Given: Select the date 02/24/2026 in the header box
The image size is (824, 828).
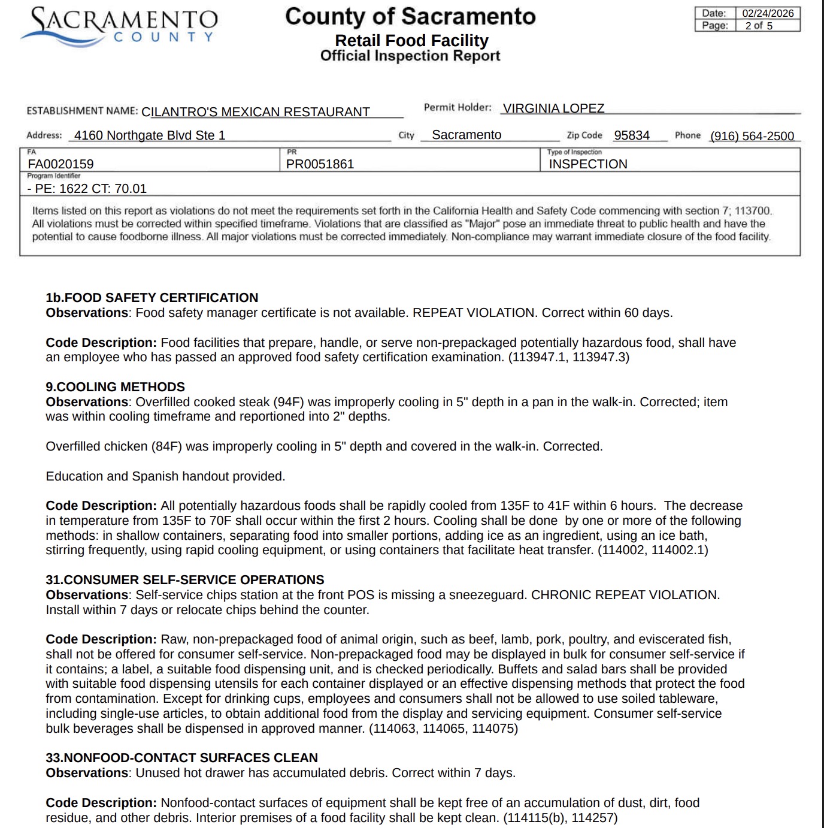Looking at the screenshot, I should tap(768, 13).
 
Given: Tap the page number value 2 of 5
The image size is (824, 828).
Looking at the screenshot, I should tap(759, 26).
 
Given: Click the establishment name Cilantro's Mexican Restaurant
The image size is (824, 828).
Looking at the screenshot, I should tap(256, 112).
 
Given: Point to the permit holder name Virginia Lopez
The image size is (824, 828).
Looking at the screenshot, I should tap(553, 108).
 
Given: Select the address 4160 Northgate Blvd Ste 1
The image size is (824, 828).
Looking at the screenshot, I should tap(150, 135).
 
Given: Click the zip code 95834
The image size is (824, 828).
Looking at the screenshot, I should tap(632, 135).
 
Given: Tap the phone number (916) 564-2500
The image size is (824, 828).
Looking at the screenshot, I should tap(752, 136).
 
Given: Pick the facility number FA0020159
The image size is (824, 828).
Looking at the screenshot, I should tap(60, 164).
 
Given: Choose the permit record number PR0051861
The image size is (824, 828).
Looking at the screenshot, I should tap(320, 164).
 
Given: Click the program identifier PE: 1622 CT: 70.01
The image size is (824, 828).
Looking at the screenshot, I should tap(87, 189).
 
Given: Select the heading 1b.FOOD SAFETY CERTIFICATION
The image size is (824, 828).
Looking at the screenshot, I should tap(152, 298).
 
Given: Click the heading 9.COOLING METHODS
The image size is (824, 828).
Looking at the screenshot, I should tap(116, 387).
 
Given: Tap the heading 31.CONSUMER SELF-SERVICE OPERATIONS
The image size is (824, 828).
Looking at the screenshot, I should tap(185, 580).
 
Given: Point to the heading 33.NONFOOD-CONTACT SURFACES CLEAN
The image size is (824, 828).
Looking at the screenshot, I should tap(182, 758).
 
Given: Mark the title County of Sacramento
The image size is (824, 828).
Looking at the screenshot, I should tap(410, 17).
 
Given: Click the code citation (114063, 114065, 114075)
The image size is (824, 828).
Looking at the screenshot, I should tap(443, 729).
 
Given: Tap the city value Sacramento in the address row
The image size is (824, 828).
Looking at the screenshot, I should tap(466, 135).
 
